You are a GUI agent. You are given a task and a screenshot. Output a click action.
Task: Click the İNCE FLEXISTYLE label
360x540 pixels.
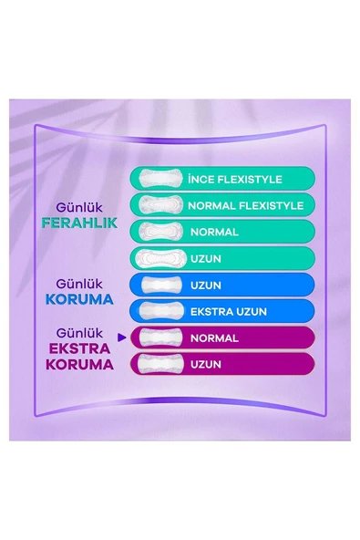(234, 179)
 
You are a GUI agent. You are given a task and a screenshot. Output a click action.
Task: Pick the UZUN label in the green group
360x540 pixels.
(205, 258)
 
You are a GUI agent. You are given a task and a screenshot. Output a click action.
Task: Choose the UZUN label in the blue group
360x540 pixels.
(205, 286)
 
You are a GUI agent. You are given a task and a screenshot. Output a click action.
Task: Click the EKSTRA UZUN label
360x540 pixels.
(228, 312)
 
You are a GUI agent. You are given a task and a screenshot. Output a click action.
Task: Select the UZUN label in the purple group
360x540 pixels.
(205, 365)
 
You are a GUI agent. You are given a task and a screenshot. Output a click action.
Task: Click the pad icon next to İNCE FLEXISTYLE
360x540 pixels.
(159, 179)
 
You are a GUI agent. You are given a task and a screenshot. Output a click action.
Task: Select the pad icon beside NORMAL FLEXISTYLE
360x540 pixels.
(159, 205)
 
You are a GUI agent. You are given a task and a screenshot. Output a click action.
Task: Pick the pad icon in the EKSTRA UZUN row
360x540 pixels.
(159, 312)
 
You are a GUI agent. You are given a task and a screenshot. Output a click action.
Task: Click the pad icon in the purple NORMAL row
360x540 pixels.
(159, 338)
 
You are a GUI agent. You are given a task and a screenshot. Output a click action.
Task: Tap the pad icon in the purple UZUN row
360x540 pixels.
(159, 365)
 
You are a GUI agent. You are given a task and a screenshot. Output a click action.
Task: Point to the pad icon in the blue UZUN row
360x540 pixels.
(159, 286)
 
